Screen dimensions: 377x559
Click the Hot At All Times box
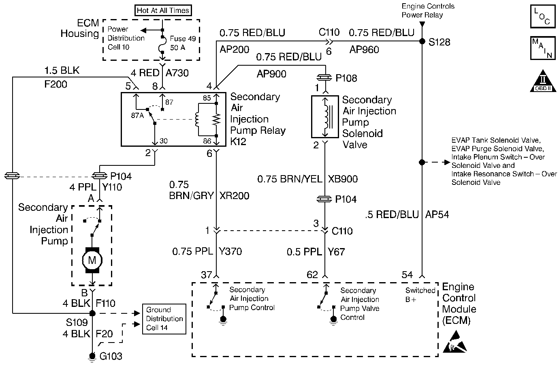(x=163, y=11)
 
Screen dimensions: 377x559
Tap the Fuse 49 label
(x=183, y=39)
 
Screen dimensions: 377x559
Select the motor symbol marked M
(x=92, y=260)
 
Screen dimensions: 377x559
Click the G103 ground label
(x=111, y=357)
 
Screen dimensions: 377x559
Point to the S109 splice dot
(x=92, y=313)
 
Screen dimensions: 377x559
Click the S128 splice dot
(x=422, y=41)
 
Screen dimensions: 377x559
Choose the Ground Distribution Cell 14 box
(x=164, y=319)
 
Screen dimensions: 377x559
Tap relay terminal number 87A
(x=138, y=116)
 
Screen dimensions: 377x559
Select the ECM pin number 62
(x=312, y=275)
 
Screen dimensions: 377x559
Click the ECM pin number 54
(x=407, y=275)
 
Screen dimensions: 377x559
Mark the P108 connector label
(x=346, y=78)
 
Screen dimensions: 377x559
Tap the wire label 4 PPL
(x=83, y=188)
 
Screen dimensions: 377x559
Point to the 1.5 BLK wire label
(x=62, y=71)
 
